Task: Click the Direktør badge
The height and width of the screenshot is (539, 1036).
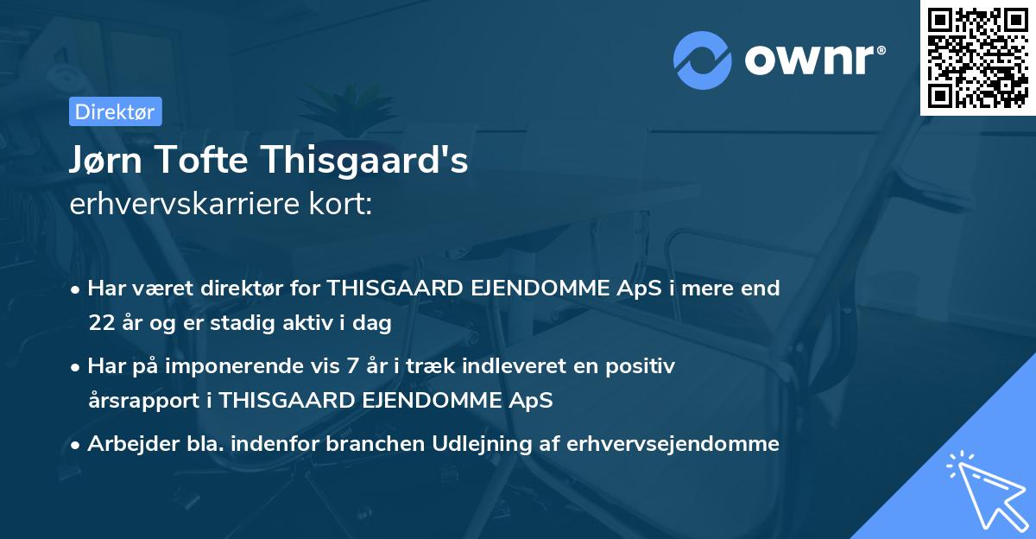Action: (115, 111)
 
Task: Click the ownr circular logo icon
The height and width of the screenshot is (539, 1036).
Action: (703, 60)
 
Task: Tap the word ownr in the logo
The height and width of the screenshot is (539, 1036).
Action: (814, 60)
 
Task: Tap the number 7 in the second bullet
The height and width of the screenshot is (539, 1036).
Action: (352, 366)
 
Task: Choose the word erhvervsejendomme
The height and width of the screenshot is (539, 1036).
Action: (673, 444)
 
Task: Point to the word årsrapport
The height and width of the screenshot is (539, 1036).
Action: (144, 401)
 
